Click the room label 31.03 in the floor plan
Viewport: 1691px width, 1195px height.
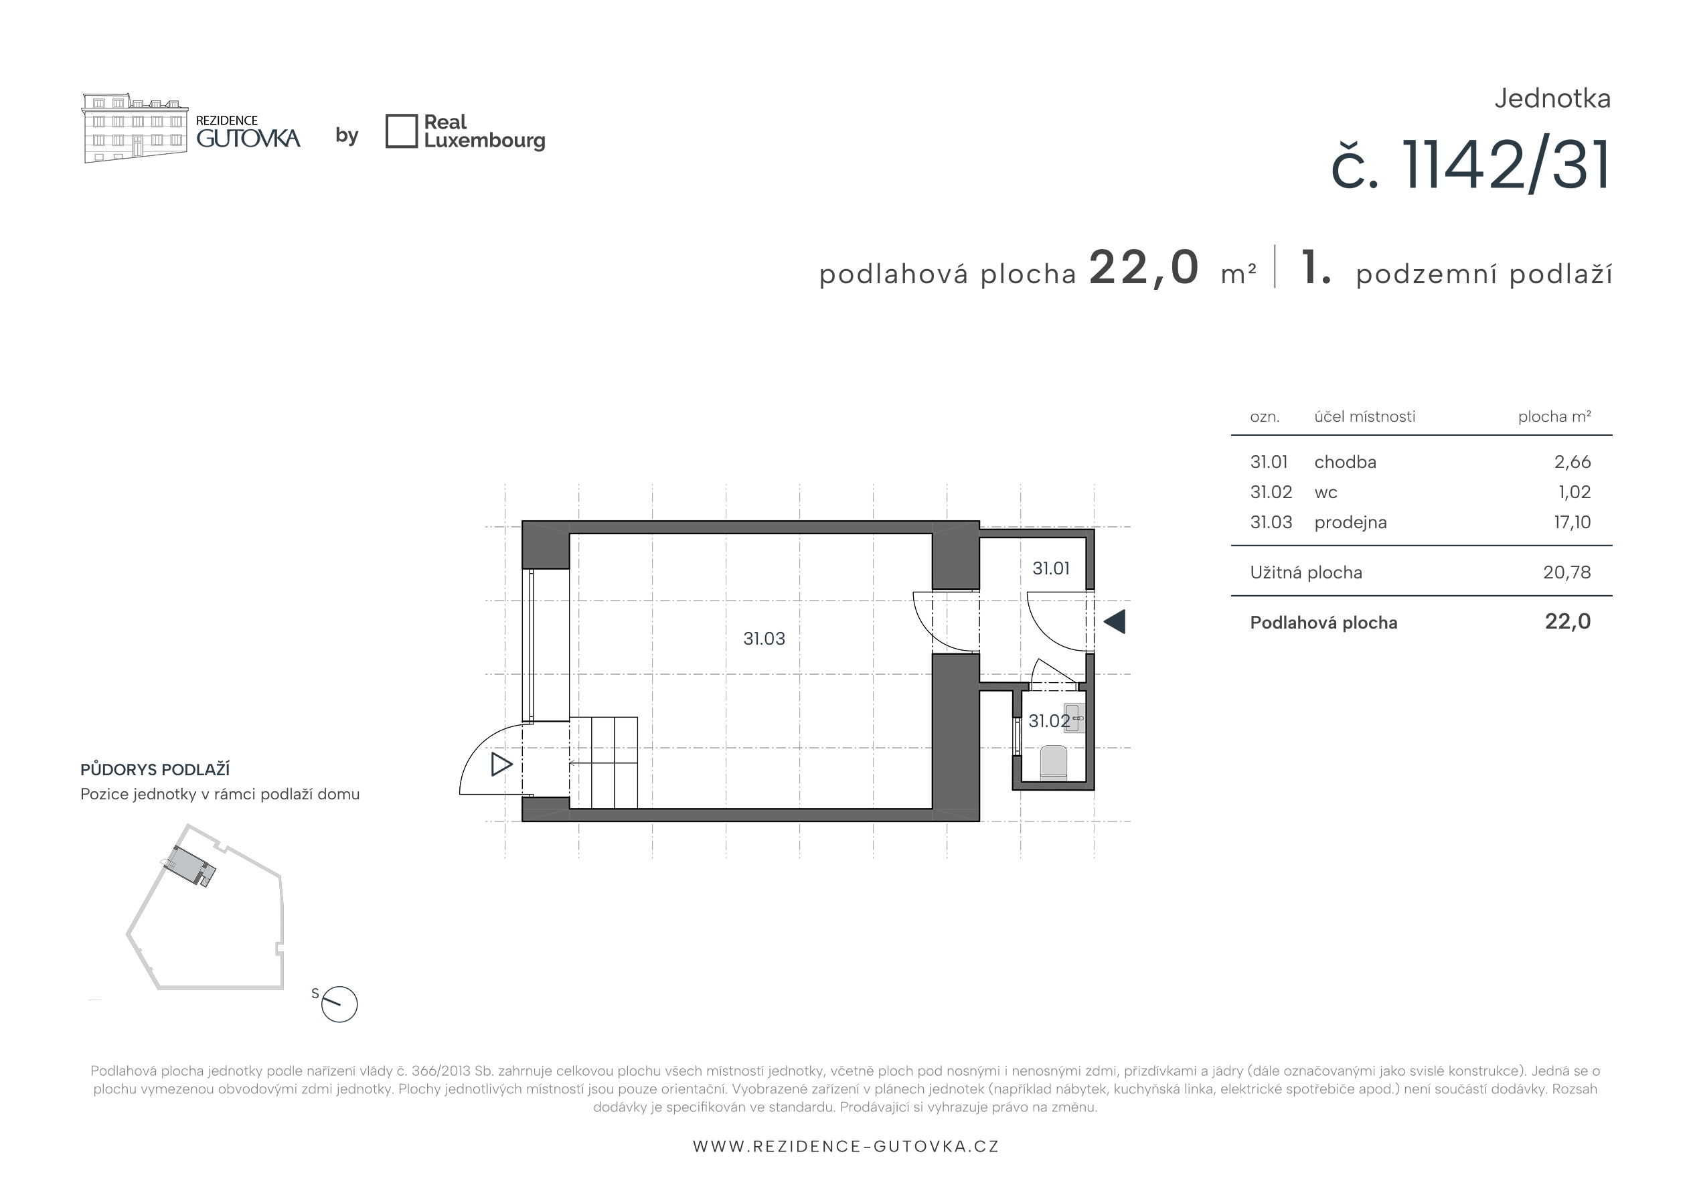click(x=764, y=639)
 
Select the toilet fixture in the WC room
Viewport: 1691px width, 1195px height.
click(x=1053, y=763)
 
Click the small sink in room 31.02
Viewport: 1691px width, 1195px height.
click(x=1074, y=718)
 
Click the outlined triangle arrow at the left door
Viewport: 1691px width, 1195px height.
click(x=501, y=764)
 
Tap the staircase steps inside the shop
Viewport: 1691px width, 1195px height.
click(x=603, y=763)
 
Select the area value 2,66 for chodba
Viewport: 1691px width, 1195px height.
click(x=1573, y=462)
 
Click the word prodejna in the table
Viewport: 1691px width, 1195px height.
click(x=1350, y=522)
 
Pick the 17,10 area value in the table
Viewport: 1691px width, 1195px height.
click(x=1573, y=522)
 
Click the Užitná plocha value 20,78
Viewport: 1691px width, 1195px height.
click(x=1567, y=572)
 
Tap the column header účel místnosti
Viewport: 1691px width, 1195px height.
click(x=1365, y=416)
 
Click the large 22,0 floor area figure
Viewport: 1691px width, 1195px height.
click(x=1144, y=266)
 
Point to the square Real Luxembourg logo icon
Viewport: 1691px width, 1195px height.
click(x=402, y=131)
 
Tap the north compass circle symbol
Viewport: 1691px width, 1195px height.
click(x=339, y=1004)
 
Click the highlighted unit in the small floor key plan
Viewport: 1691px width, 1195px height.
click(x=190, y=865)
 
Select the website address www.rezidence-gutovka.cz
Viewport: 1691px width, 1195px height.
click(x=846, y=1146)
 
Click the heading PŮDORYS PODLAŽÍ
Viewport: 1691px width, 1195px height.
click(x=155, y=769)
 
